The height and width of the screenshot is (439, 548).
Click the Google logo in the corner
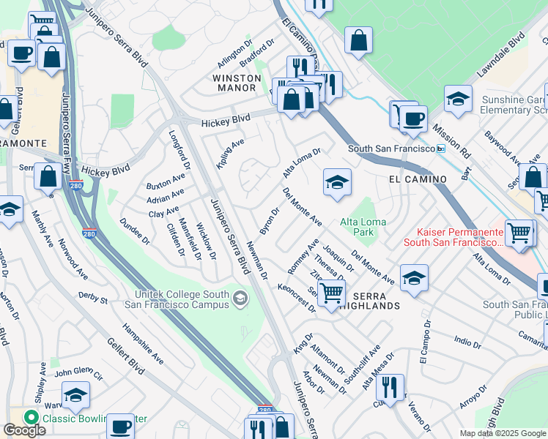[24, 430]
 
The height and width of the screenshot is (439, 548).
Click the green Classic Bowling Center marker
[31, 419]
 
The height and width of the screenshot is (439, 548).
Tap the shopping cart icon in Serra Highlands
[332, 293]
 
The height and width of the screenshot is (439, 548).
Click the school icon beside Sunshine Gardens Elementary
[458, 99]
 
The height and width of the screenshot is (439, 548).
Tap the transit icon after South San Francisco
[440, 149]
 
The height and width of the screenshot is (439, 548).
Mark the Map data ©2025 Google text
[503, 433]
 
